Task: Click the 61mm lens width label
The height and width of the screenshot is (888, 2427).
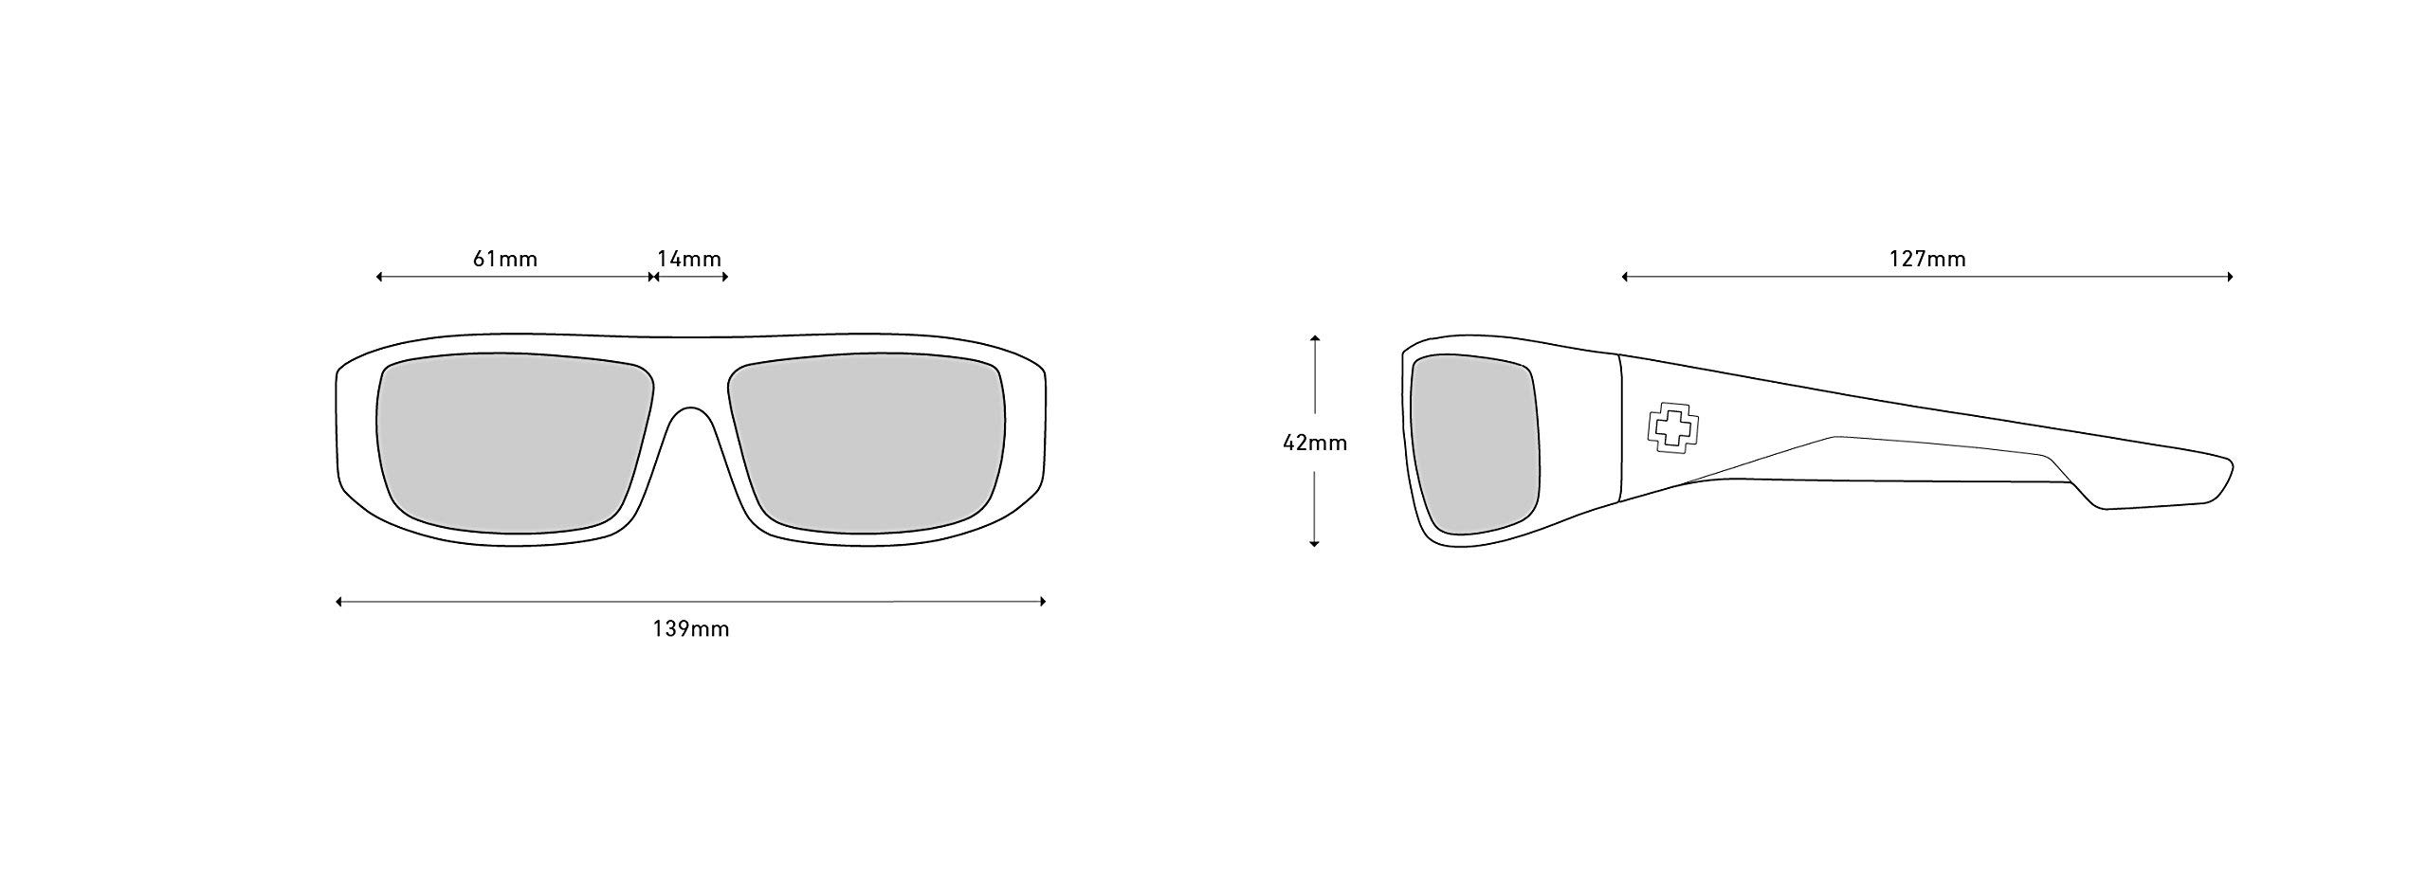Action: [505, 259]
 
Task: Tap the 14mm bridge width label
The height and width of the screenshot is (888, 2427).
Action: [689, 259]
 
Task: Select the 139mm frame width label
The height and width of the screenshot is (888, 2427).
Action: [691, 628]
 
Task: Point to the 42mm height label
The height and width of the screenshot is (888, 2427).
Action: [1315, 442]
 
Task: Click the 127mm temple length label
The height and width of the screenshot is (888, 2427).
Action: [1927, 259]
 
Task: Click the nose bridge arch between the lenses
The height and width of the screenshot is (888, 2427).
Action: [691, 410]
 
